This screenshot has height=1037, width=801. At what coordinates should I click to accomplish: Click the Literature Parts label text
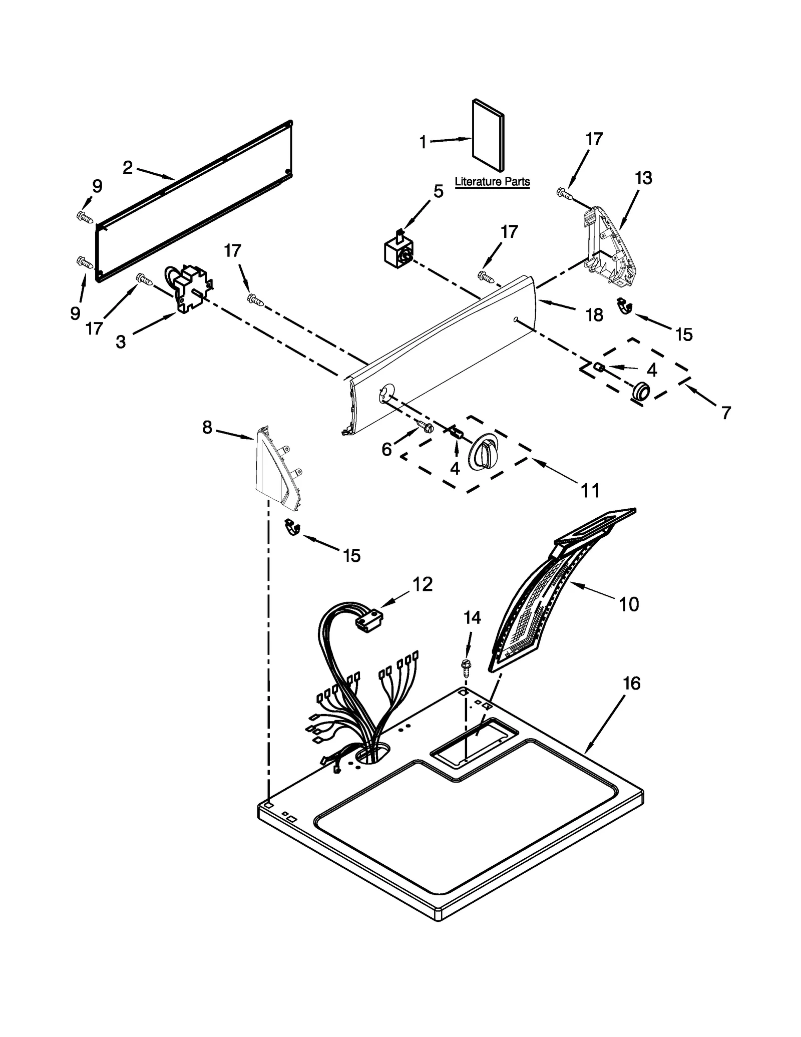492,182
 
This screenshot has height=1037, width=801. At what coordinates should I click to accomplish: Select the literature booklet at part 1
488,135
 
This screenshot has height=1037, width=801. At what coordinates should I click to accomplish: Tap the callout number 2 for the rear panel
128,168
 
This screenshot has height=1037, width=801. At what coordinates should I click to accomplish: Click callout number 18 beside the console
594,315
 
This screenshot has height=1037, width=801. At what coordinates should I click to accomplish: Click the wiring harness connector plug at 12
368,619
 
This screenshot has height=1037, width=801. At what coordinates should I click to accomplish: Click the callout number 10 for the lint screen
629,604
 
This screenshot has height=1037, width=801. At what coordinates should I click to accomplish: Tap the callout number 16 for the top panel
631,683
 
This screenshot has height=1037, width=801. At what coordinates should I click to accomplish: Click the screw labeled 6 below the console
425,427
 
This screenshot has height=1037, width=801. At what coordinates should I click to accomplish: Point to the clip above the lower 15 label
291,527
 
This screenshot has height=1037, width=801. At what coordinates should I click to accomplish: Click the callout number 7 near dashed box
725,413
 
